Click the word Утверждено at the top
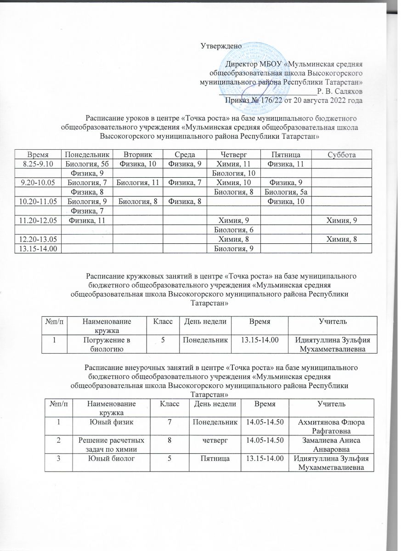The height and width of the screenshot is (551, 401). (220, 45)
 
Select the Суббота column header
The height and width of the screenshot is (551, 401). (340, 155)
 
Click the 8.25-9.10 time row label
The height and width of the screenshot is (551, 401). (38, 163)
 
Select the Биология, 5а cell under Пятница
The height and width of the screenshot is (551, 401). (286, 192)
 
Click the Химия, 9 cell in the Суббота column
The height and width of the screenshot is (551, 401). (340, 220)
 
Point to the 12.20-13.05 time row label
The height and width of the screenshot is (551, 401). (38, 239)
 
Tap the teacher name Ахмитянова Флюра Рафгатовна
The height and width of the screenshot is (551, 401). (328, 426)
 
